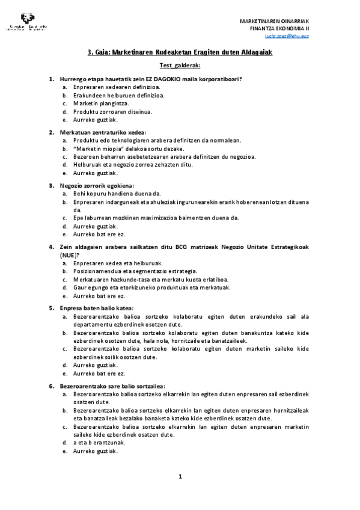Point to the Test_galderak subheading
[x=180, y=65]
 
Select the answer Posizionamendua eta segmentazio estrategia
[x=126, y=271]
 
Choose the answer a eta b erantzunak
[x=99, y=442]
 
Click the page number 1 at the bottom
[x=180, y=477]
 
